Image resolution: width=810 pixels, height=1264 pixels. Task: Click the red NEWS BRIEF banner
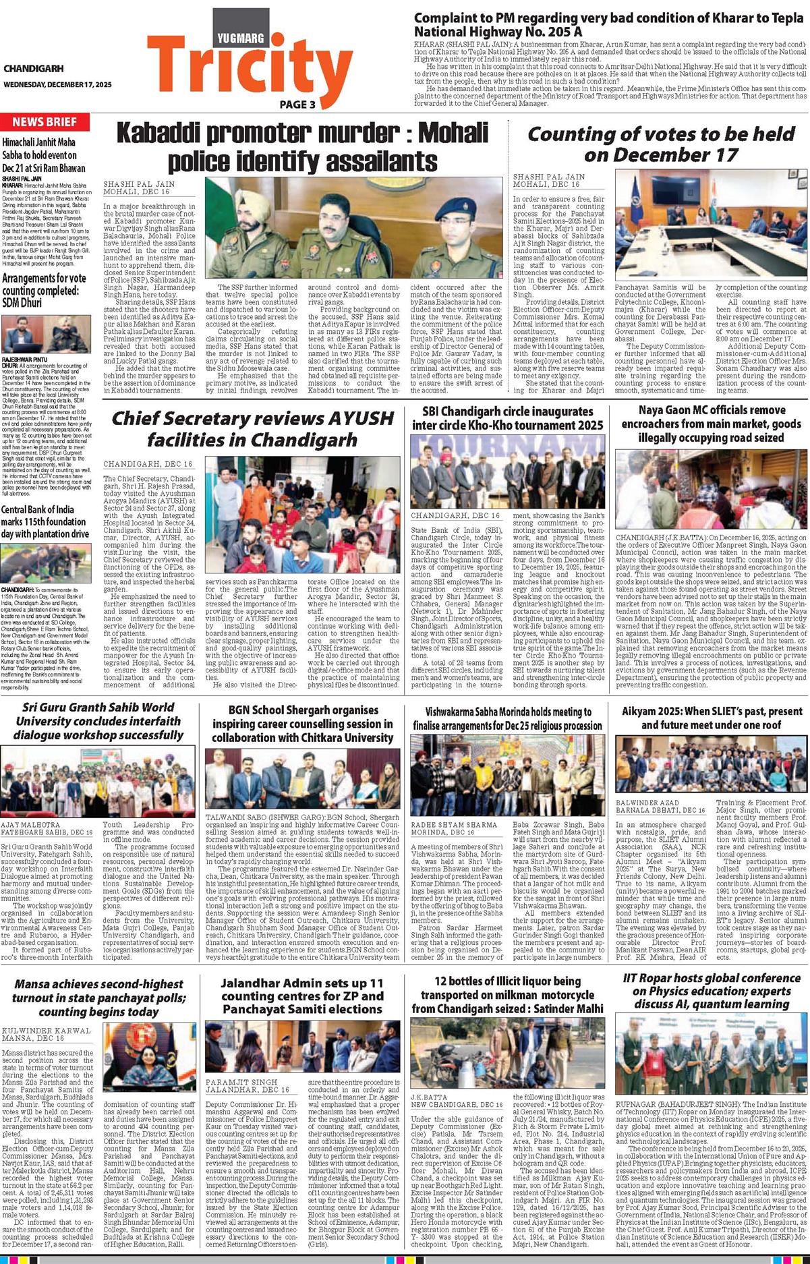(x=45, y=122)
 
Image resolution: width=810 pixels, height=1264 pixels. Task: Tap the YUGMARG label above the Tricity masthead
(x=241, y=38)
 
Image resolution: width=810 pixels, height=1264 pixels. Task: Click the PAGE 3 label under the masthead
(x=297, y=105)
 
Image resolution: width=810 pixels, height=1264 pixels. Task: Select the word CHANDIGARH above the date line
(x=33, y=69)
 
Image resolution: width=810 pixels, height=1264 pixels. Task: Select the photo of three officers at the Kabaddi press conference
(x=353, y=227)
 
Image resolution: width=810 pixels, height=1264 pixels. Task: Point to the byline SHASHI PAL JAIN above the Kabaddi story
(x=139, y=184)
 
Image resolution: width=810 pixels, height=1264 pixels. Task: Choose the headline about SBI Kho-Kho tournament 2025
(x=508, y=418)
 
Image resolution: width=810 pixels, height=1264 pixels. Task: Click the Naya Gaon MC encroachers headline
(x=712, y=424)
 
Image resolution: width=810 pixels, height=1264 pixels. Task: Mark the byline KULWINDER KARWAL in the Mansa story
(x=46, y=1031)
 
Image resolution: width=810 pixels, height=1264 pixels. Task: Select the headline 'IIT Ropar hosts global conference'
(x=711, y=991)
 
